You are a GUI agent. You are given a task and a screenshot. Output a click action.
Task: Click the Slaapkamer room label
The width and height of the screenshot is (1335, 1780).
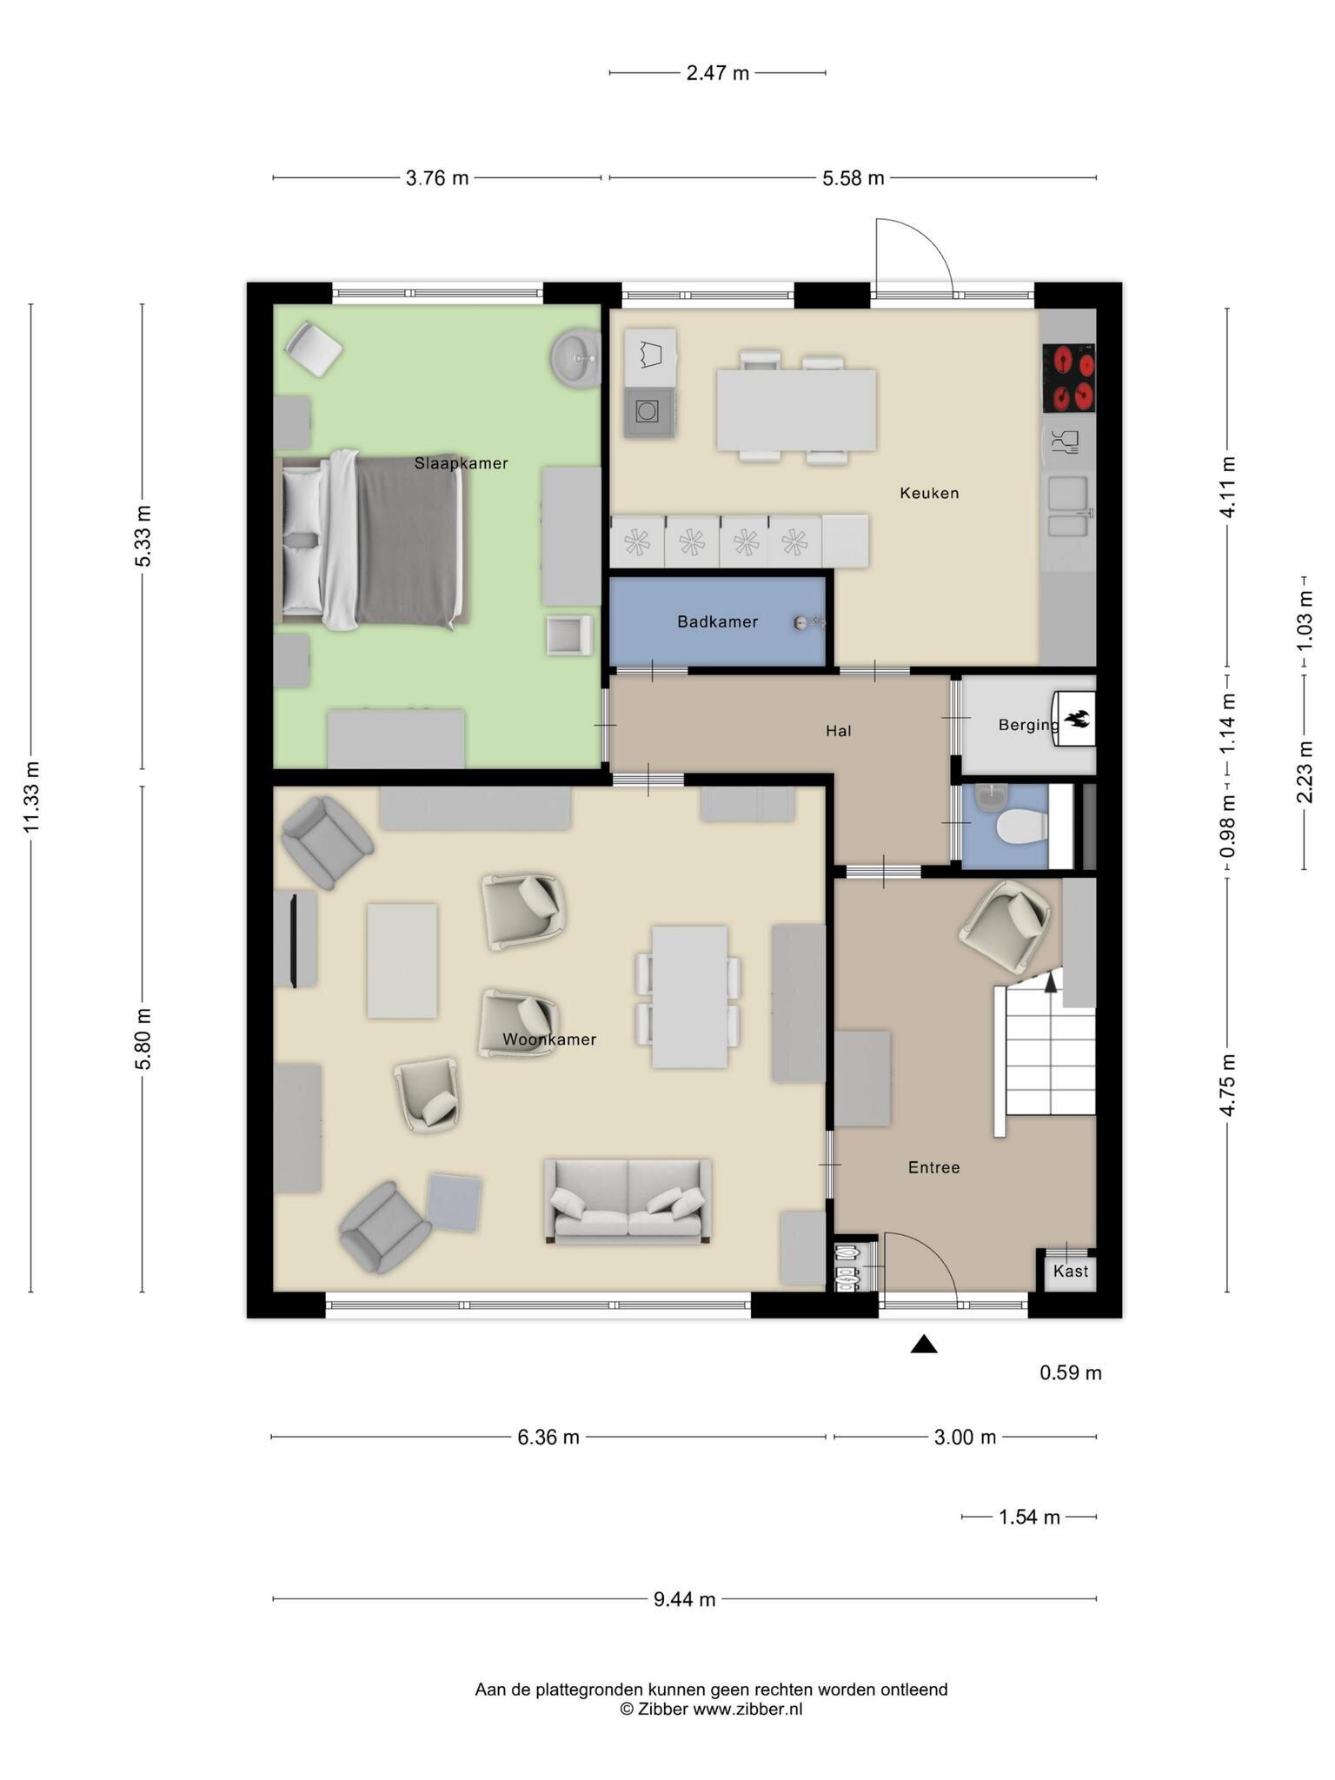click(461, 463)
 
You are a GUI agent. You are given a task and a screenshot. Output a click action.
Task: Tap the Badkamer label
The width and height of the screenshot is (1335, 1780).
click(717, 621)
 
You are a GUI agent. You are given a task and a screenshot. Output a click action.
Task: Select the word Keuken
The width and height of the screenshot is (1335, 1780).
click(929, 493)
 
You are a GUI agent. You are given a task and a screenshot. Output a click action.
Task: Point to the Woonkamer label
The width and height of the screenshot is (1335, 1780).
click(549, 1039)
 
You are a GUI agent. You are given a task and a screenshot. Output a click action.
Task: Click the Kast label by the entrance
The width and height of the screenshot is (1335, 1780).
click(1070, 1271)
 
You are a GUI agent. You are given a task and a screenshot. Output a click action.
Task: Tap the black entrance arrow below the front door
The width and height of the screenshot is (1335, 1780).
click(924, 1345)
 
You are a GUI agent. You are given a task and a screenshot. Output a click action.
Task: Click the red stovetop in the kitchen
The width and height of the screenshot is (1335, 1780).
click(1068, 378)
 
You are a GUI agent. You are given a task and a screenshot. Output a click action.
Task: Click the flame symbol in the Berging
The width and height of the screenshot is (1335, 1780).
click(1078, 719)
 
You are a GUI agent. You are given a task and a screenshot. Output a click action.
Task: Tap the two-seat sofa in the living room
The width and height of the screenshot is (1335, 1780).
click(628, 1200)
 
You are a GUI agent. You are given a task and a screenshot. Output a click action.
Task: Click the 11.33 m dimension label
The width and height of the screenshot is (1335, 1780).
click(32, 796)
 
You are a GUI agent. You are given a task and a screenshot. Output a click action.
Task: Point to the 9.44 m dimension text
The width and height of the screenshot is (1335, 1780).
click(685, 1599)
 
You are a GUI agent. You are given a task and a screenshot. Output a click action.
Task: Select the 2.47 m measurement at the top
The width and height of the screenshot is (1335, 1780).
click(717, 73)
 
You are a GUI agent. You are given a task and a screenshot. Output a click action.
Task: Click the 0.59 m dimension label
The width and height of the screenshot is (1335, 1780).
click(1071, 1373)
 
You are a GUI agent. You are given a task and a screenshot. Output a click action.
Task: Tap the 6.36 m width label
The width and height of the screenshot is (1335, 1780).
click(548, 1438)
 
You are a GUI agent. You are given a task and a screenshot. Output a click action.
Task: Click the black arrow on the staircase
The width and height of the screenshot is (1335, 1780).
click(1051, 981)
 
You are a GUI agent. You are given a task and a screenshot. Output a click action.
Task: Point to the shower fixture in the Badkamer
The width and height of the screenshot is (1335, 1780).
click(807, 622)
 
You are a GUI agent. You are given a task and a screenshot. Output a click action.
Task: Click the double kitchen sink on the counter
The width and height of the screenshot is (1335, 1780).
click(1067, 506)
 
